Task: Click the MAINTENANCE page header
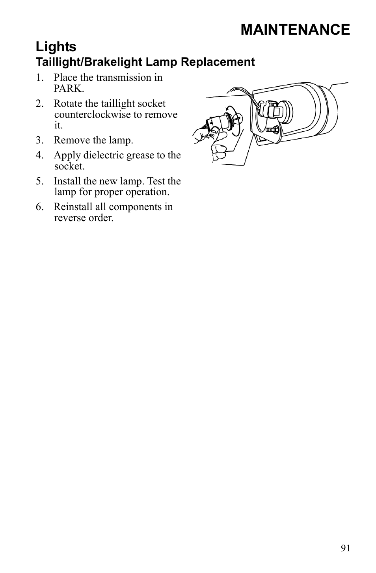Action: tap(295, 30)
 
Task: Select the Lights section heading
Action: tap(56, 47)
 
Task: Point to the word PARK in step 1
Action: tap(69, 88)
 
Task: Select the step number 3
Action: tap(39, 140)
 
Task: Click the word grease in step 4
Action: tap(135, 155)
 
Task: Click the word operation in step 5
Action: tap(149, 192)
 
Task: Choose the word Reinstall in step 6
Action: tap(73, 207)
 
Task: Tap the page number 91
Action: tap(345, 548)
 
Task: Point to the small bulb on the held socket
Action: tap(238, 117)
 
